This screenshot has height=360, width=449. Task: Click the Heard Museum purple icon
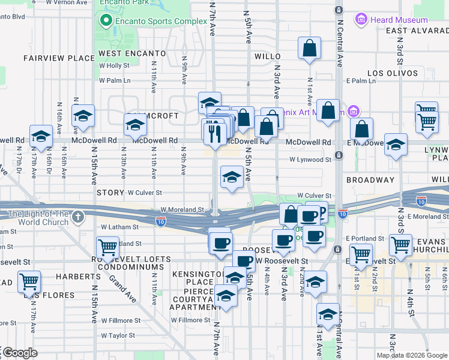361,20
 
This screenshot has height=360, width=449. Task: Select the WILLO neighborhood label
268,56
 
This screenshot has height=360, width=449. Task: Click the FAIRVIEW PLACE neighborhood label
59,58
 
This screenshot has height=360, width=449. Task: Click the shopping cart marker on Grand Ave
107,246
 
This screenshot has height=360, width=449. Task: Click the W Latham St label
120,227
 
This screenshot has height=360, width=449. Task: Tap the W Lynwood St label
310,160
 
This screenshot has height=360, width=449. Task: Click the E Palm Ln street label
360,80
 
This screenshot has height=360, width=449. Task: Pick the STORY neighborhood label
109,193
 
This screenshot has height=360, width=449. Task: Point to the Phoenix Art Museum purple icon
354,112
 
